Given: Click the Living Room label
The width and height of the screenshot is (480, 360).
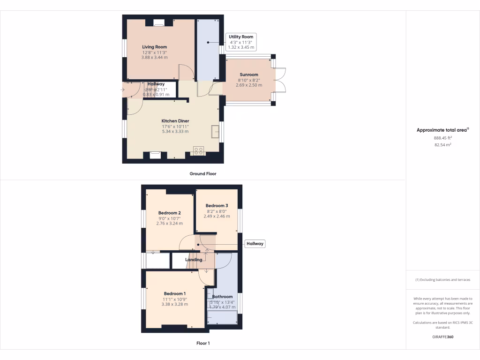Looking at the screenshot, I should (x=155, y=47).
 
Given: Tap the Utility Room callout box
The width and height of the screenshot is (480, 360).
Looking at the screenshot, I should (x=240, y=42).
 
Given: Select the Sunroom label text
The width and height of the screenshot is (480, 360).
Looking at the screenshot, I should (x=249, y=75).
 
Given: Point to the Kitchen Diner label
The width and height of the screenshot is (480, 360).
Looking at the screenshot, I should (x=175, y=121).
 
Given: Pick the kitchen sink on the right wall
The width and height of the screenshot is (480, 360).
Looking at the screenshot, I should (x=216, y=132).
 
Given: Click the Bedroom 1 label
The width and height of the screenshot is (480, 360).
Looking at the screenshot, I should (x=175, y=293).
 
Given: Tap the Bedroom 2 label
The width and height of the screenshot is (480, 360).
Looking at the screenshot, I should (x=169, y=213).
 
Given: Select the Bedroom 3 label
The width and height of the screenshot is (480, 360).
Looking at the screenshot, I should (x=217, y=206).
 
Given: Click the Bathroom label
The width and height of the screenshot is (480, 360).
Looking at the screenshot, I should (x=222, y=297).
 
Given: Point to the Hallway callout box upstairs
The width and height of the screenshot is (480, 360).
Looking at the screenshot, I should (x=255, y=244).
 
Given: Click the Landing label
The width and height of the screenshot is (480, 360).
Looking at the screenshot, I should (x=194, y=260).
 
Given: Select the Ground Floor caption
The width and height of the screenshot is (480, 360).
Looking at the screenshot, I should (x=203, y=173).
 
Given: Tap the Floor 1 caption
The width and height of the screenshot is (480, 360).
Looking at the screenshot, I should (x=203, y=343).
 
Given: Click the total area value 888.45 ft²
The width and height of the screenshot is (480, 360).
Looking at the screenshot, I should (x=442, y=138).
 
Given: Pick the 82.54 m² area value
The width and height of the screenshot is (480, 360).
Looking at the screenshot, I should (x=442, y=145).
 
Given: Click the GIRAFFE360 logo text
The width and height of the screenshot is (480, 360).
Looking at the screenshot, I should (x=442, y=337).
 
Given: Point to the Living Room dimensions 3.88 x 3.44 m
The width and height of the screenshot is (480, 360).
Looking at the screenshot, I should (x=155, y=57).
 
